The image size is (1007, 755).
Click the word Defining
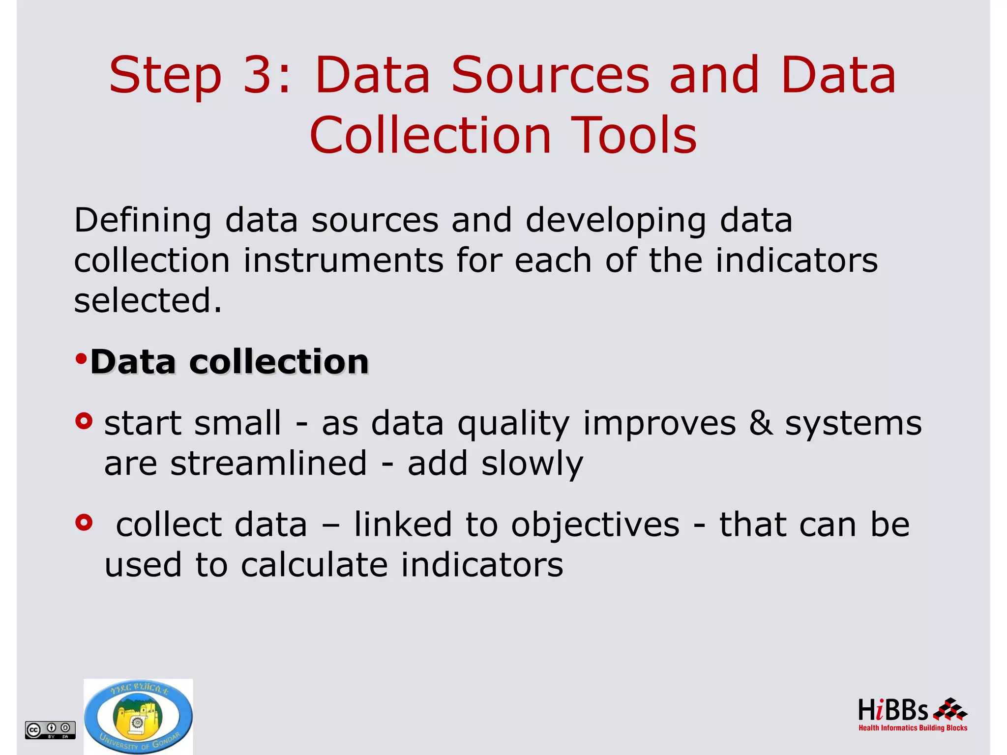143,221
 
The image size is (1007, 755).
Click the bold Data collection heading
229,362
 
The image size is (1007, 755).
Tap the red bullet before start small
84,422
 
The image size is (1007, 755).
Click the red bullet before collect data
84,523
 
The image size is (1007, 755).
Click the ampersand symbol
760,423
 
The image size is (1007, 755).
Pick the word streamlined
268,463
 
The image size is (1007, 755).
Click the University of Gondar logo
138,717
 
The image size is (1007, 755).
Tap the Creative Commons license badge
50,729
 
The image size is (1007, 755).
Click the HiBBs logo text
892,710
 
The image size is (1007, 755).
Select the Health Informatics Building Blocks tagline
913,728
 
